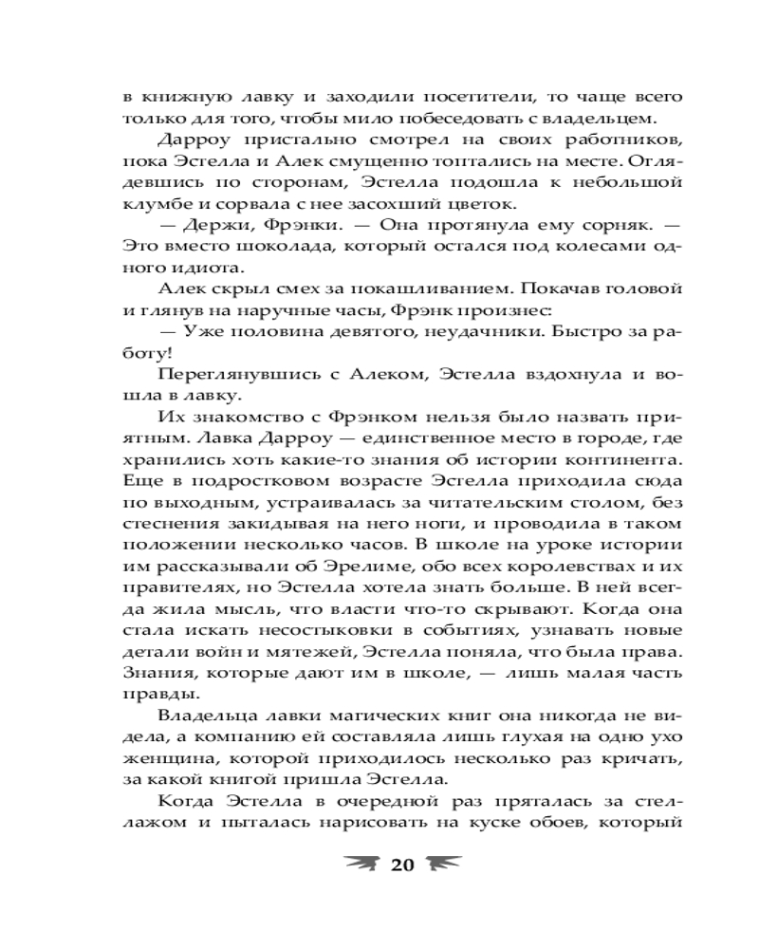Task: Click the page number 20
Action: [402, 864]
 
